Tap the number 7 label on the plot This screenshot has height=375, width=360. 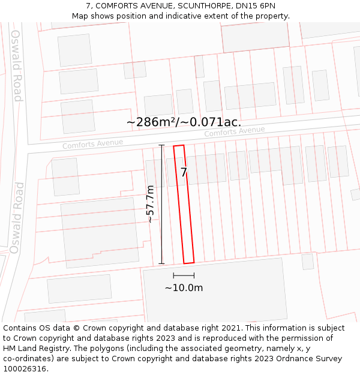pyautogui.click(x=184, y=172)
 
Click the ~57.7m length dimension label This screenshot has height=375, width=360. pyautogui.click(x=151, y=204)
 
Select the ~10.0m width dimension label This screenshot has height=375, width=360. pyautogui.click(x=184, y=287)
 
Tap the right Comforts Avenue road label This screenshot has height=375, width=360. pyautogui.click(x=234, y=131)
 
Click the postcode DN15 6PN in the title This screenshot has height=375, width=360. pyautogui.click(x=259, y=6)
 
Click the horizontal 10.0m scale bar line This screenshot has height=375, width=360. pyautogui.click(x=184, y=275)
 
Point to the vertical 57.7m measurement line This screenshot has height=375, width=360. pyautogui.click(x=161, y=204)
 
